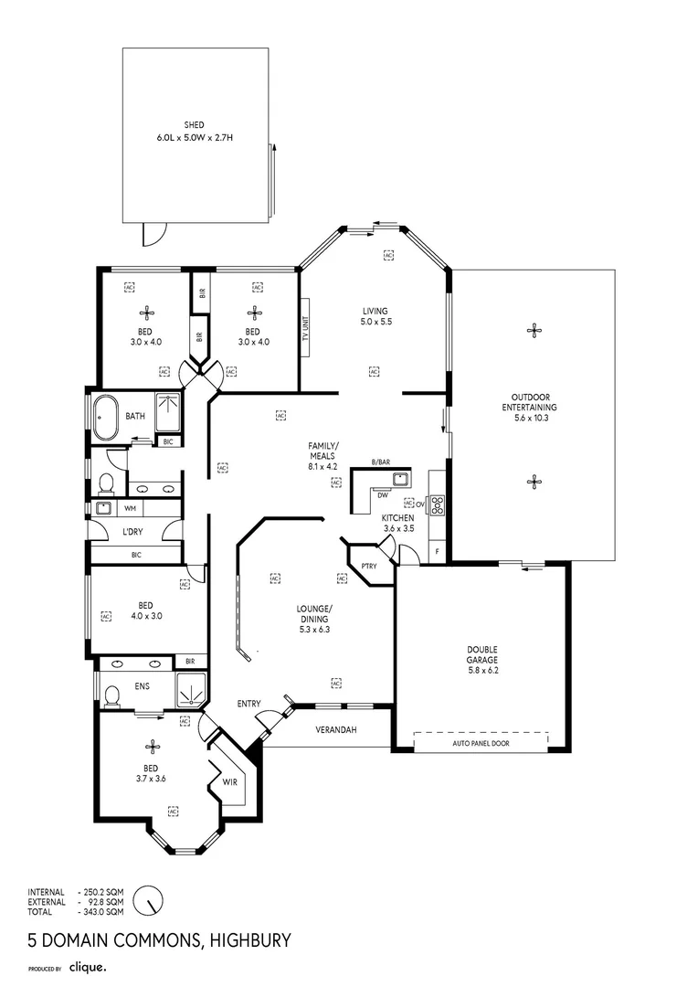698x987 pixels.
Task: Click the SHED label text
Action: (x=194, y=124)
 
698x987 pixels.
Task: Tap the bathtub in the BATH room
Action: (x=105, y=417)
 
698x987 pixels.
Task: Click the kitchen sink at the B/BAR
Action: (x=399, y=478)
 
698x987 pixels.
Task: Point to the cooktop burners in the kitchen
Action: (x=437, y=504)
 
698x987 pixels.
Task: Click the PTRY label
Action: (x=369, y=566)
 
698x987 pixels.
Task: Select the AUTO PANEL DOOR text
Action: (x=481, y=743)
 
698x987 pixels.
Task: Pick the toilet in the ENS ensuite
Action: (x=112, y=697)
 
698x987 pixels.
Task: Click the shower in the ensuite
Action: (x=190, y=692)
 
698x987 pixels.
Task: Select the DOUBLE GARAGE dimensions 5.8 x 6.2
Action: (x=481, y=670)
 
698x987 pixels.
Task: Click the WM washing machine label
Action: (x=130, y=508)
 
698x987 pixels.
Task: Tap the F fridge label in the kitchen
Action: (x=438, y=551)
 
